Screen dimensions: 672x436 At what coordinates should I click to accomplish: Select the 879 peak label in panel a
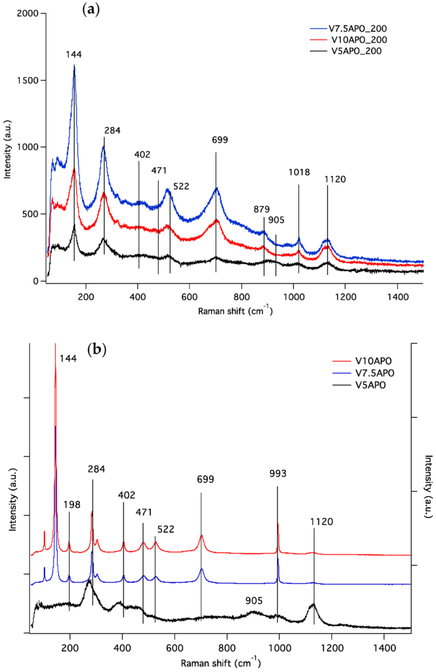pos(262,209)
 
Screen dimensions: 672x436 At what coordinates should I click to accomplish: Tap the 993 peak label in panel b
pos(278,473)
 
